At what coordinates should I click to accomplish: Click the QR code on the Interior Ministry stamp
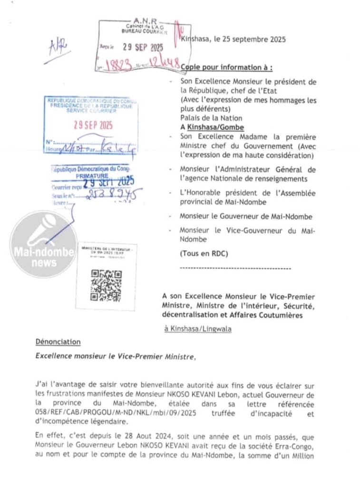[106, 285]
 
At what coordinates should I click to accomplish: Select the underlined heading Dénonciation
[58, 342]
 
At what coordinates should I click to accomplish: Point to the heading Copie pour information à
[227, 68]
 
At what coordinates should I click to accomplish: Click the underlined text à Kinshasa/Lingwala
[198, 329]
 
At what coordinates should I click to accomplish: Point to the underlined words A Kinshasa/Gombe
[212, 127]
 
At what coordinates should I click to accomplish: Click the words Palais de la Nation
[211, 118]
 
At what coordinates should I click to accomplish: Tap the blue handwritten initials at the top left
[59, 47]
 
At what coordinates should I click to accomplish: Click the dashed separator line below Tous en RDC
[235, 269]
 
